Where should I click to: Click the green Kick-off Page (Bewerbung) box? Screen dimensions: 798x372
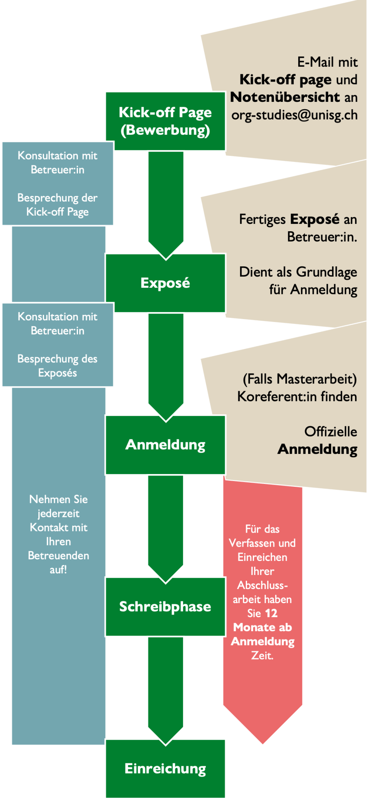click(x=165, y=121)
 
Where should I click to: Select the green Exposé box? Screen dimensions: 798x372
click(x=165, y=283)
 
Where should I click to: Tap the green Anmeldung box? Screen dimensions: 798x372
click(x=165, y=445)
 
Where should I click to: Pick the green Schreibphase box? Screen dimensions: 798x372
click(x=165, y=606)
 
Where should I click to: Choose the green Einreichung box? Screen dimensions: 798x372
click(x=165, y=768)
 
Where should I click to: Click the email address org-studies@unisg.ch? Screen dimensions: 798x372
click(x=294, y=115)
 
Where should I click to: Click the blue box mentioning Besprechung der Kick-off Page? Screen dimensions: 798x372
click(x=58, y=184)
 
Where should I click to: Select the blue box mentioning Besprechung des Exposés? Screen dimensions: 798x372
click(x=58, y=345)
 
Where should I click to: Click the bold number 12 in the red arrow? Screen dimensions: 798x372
click(x=271, y=613)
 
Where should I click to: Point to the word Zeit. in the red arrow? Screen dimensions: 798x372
click(x=262, y=655)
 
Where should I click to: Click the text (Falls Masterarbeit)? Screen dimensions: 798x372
click(x=300, y=378)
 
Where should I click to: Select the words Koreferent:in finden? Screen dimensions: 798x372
click(x=297, y=397)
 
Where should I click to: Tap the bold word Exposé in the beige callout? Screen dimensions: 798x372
click(x=315, y=219)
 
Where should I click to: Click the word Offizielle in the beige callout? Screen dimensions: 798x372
click(x=331, y=432)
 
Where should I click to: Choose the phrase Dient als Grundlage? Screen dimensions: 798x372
click(x=298, y=272)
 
